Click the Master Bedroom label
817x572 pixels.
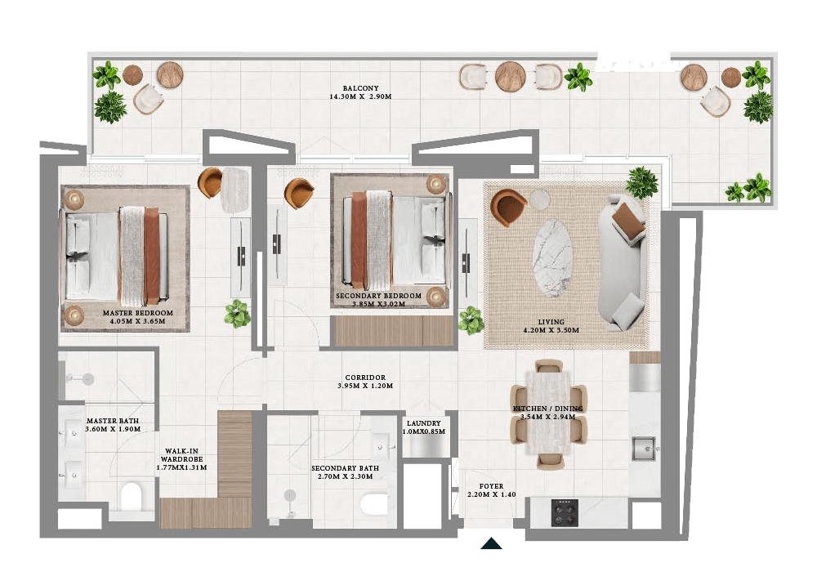click(x=137, y=313)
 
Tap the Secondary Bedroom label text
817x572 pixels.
click(x=378, y=296)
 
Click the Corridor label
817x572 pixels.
click(x=365, y=378)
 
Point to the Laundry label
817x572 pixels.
click(x=424, y=423)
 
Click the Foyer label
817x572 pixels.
click(x=491, y=486)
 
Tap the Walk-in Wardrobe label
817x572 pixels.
click(x=181, y=451)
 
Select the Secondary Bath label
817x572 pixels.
click(x=345, y=469)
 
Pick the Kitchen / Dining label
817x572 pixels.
click(x=548, y=409)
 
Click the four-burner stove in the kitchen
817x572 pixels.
click(x=564, y=512)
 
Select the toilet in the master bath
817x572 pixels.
click(x=131, y=497)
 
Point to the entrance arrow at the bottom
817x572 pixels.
click(x=490, y=543)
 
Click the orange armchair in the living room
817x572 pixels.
click(x=510, y=207)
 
